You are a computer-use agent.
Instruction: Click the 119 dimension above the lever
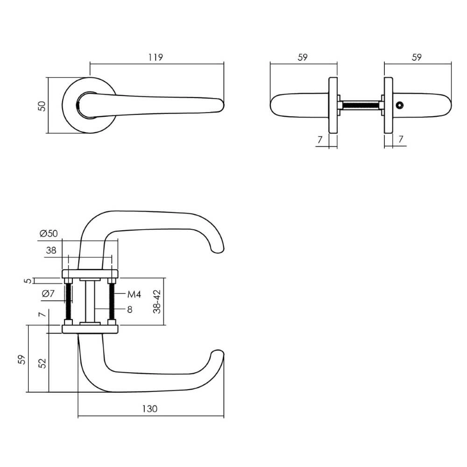156,57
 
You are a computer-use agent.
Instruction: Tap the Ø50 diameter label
48,233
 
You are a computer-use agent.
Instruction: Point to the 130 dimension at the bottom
149,409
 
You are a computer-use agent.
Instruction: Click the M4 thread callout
134,294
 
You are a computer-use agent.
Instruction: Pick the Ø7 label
49,294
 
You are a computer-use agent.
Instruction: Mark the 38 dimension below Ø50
51,250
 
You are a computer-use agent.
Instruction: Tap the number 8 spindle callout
130,309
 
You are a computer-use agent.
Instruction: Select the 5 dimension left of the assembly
28,281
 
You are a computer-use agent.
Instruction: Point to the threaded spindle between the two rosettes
360,106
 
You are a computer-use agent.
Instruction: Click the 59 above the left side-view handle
303,57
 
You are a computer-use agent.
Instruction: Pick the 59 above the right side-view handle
417,57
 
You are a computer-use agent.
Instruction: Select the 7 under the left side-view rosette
320,139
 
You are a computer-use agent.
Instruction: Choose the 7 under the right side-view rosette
401,139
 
